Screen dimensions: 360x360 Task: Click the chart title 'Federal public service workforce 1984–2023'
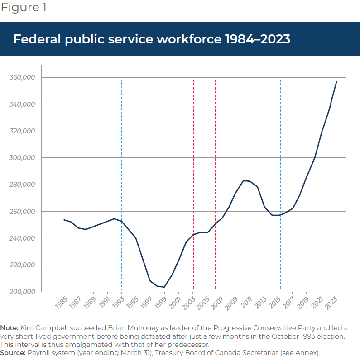click(152, 39)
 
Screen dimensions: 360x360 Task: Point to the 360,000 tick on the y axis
click(22, 77)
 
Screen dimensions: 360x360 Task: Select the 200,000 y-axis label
click(22, 292)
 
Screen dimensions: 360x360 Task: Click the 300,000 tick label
click(22, 158)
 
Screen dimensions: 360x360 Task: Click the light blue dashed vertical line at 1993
click(121, 181)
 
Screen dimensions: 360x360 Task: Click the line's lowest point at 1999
click(164, 287)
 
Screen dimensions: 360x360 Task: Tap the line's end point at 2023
click(336, 81)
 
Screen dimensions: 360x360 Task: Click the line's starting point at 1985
click(64, 220)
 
